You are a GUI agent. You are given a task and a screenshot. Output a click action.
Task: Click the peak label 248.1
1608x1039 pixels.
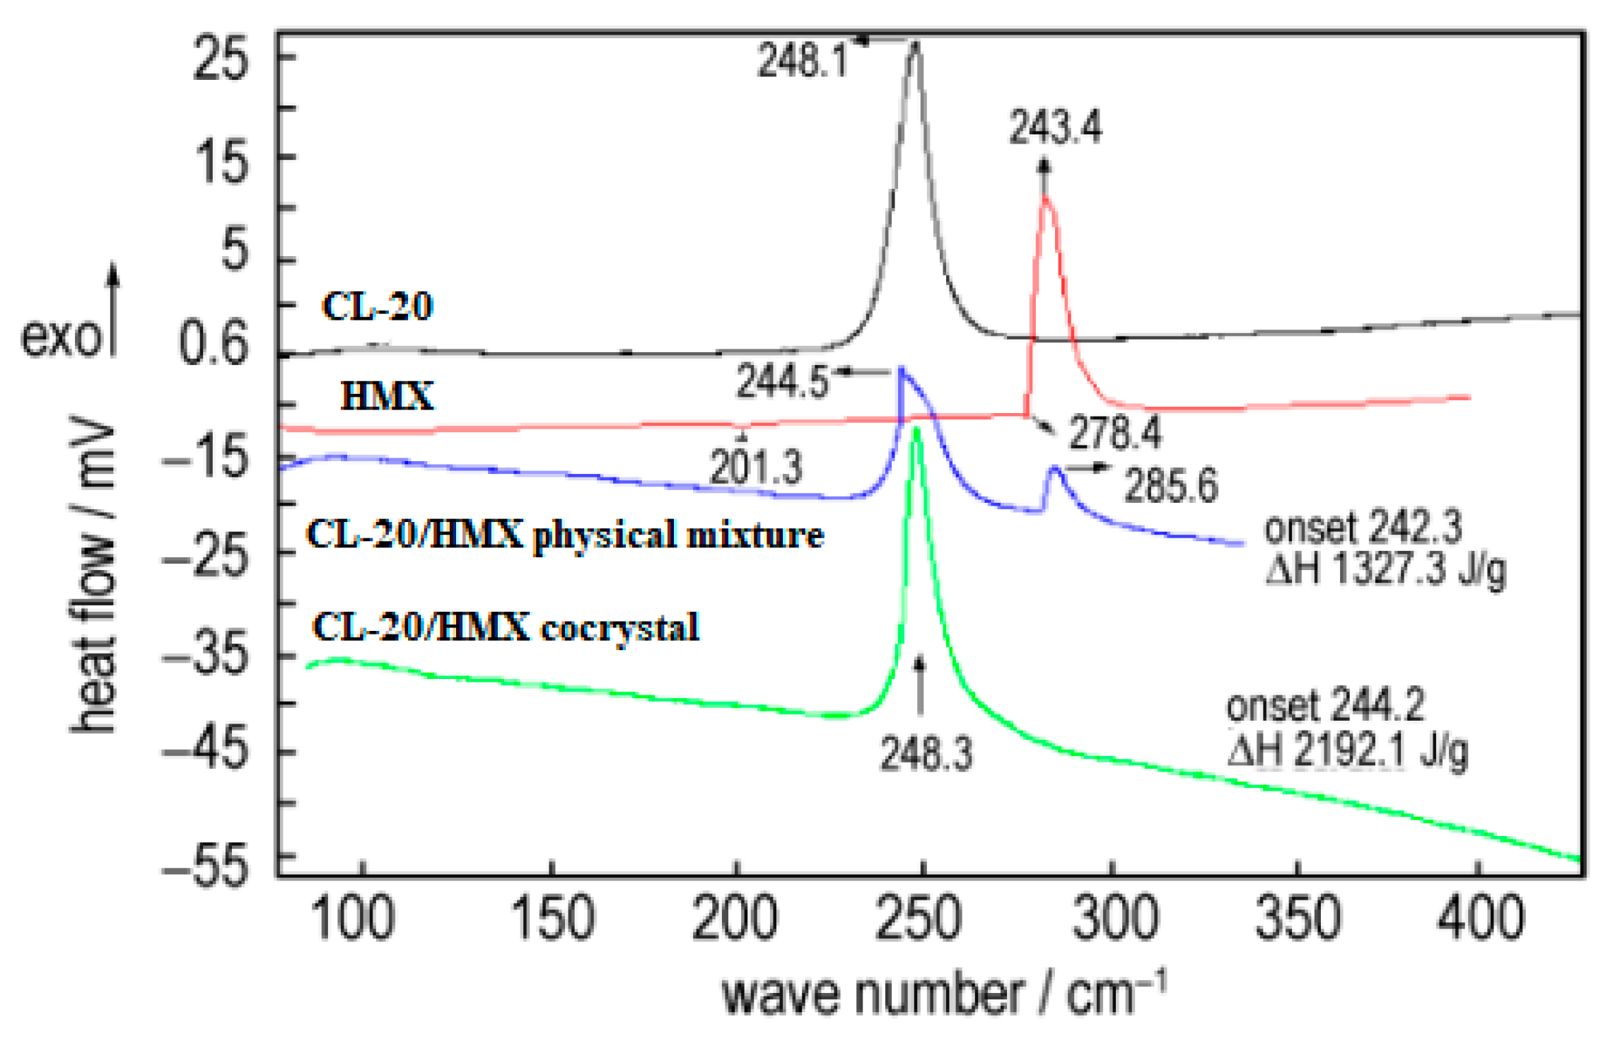point(803,59)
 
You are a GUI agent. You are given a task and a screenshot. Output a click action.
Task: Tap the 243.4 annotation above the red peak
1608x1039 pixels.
point(1054,128)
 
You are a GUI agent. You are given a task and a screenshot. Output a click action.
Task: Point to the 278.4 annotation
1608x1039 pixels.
point(1114,433)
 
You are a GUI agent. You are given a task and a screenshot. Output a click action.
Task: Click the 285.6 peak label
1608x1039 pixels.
point(1171,486)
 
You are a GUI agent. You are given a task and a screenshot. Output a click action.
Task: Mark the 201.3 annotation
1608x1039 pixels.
point(756,468)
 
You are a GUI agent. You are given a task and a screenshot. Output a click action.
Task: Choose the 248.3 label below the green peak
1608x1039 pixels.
point(926,753)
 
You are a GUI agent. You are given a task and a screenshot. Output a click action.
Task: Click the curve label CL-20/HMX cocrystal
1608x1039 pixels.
point(506,627)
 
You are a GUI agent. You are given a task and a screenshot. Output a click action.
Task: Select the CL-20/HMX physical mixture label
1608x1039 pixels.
point(565,534)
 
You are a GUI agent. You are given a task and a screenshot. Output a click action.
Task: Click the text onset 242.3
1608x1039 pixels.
point(1362,528)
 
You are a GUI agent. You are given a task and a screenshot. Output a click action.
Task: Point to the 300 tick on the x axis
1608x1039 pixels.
point(1114,918)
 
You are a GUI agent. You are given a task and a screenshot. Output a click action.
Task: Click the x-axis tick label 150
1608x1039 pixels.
point(552,918)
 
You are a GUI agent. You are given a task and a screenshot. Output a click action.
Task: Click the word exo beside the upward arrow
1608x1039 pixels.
point(62,337)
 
